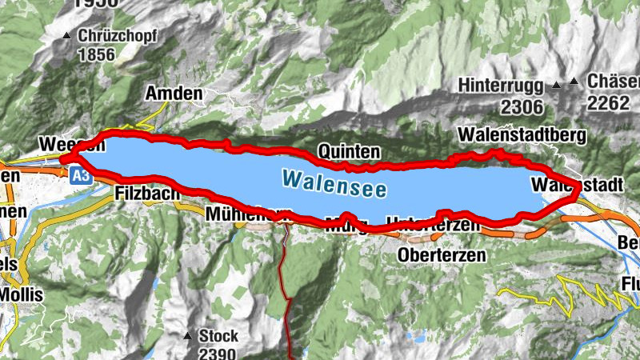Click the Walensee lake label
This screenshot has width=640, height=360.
[334, 183]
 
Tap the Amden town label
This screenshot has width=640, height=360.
[174, 94]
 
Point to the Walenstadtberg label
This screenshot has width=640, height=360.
[523, 134]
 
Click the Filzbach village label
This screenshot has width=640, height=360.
[144, 194]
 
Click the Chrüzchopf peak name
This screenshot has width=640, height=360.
[117, 36]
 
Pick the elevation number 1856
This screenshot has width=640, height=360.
[97, 54]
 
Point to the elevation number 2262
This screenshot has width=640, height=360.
[608, 102]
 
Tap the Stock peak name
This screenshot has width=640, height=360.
[221, 335]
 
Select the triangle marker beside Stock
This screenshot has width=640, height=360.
[188, 335]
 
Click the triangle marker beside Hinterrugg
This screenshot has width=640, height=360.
[558, 84]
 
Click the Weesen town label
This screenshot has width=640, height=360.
[70, 145]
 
